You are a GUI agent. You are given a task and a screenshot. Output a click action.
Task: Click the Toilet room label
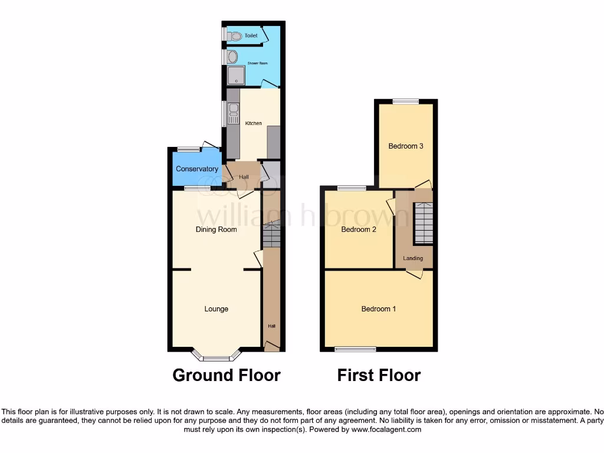pos(251,36)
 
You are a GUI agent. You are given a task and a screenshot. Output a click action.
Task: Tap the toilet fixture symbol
pos(235,36)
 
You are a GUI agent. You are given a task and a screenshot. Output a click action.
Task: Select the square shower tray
pos(236,75)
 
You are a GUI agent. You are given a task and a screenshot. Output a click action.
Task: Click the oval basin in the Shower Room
pos(232,57)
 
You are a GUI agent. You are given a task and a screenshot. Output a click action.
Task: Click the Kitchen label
pos(254,123)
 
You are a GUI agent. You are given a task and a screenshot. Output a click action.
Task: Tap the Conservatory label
pos(197,169)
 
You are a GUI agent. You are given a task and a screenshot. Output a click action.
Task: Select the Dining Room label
pos(216,229)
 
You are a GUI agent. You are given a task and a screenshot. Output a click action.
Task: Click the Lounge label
pos(216,309)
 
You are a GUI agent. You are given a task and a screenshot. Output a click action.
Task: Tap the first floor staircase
pos(424,222)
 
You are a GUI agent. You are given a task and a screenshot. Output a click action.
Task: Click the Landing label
pos(413,258)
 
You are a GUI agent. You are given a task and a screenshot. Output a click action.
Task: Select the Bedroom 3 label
pos(406,146)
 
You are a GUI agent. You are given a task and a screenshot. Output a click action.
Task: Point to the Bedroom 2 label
pos(359,230)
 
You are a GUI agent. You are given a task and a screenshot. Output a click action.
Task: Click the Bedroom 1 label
pos(379,309)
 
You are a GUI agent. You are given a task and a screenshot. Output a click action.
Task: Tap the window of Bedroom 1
pos(355,349)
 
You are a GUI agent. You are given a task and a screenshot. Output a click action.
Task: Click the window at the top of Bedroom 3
pos(406,101)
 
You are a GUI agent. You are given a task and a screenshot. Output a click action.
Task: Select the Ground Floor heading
pos(226,375)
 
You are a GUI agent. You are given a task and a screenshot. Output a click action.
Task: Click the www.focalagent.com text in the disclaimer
pos(387,430)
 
